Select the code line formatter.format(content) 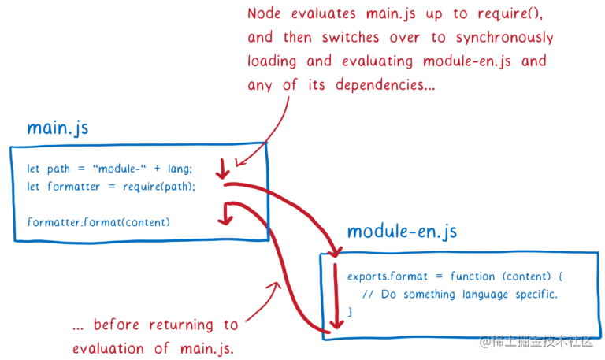[x=98, y=221]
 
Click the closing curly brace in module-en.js [x=350, y=312]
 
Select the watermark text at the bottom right [x=536, y=341]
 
